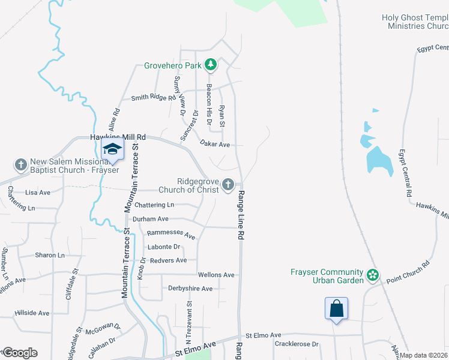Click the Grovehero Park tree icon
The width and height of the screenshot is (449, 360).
210,64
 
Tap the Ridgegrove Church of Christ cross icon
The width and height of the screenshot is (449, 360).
228,185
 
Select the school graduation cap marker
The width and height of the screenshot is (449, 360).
112,149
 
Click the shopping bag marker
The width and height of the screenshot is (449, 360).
337,308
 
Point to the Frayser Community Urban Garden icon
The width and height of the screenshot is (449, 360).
373,275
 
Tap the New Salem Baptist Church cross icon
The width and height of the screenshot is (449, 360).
20,164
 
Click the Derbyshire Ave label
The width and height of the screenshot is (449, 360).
190,289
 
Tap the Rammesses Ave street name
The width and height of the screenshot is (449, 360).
172,235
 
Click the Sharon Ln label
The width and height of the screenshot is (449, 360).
49,255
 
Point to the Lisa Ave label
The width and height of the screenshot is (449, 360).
38,193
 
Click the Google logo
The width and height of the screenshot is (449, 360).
19,353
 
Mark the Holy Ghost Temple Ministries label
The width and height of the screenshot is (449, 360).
415,22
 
